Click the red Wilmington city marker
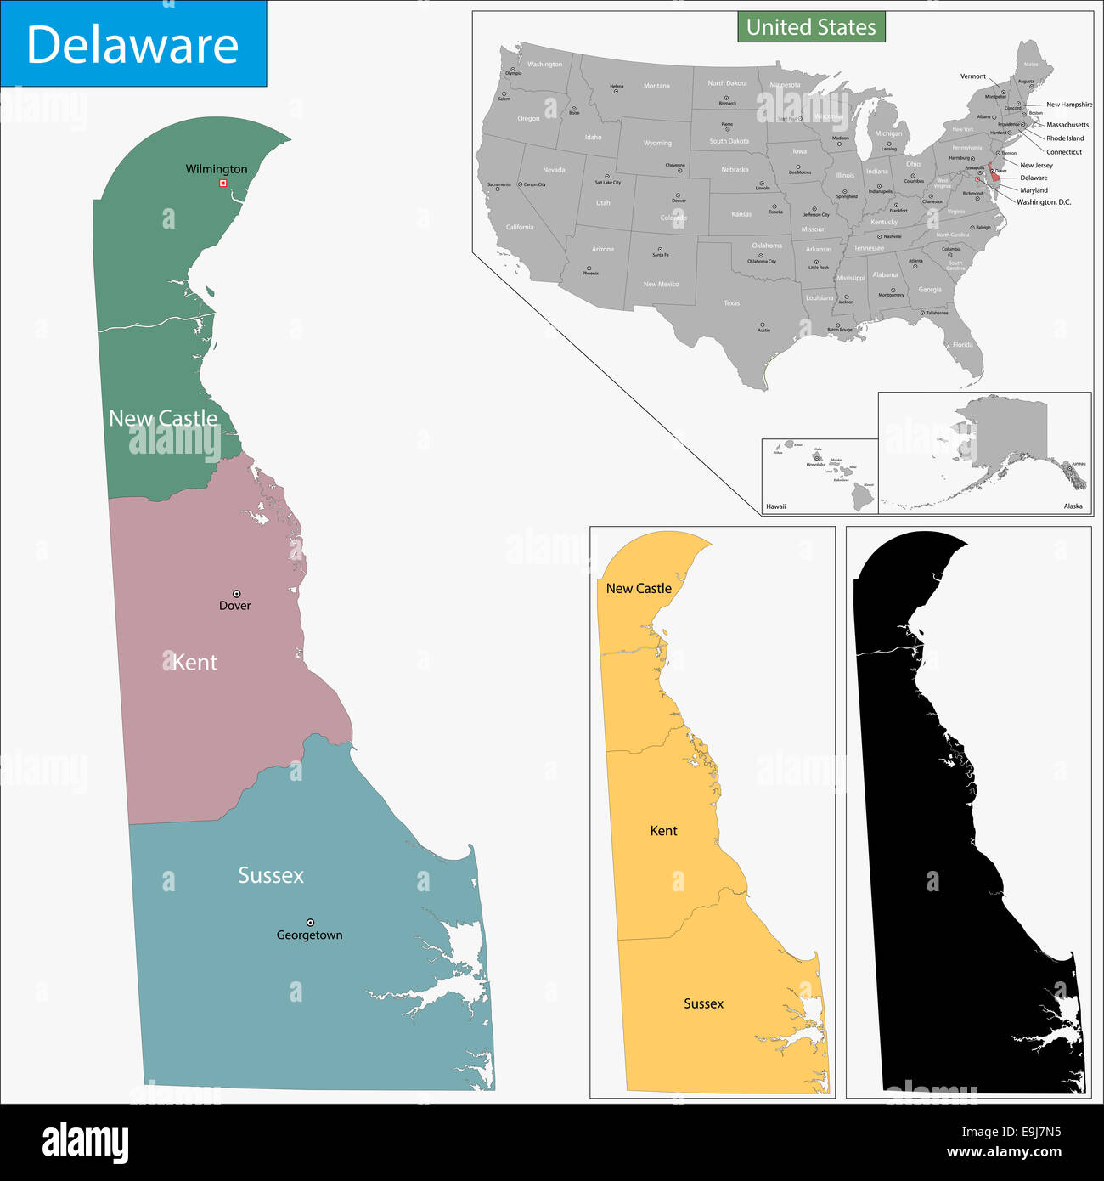pyautogui.click(x=222, y=183)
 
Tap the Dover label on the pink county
pyautogui.click(x=235, y=606)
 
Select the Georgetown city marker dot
pyautogui.click(x=310, y=922)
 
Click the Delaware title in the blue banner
pyautogui.click(x=132, y=45)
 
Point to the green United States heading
pyautogui.click(x=811, y=27)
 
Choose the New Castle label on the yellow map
pyautogui.click(x=639, y=588)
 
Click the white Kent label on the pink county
pyautogui.click(x=195, y=663)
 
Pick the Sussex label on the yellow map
pyautogui.click(x=703, y=1003)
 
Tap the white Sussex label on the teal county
pyautogui.click(x=271, y=875)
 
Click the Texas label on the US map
pyautogui.click(x=731, y=303)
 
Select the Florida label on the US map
pyautogui.click(x=962, y=345)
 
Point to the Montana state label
pyautogui.click(x=656, y=86)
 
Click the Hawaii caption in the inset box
pyautogui.click(x=775, y=506)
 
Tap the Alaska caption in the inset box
pyautogui.click(x=1073, y=506)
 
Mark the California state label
pyautogui.click(x=520, y=228)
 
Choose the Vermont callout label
pyautogui.click(x=973, y=76)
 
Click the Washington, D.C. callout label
pyautogui.click(x=1044, y=202)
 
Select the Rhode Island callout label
pyautogui.click(x=1065, y=138)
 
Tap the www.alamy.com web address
pyautogui.click(x=1004, y=1153)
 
